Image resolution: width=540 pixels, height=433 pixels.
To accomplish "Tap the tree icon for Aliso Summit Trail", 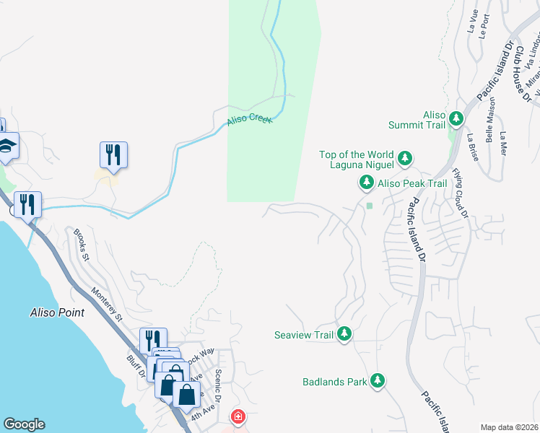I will [x=456, y=118].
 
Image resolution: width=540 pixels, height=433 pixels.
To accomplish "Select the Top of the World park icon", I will [x=405, y=157].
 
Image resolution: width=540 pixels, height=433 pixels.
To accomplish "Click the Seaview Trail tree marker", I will [x=345, y=334].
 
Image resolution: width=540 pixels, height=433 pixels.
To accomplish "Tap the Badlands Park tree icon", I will [x=377, y=380].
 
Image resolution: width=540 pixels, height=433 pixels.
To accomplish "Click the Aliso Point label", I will [x=57, y=312].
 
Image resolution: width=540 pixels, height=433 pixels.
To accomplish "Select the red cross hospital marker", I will [x=238, y=416].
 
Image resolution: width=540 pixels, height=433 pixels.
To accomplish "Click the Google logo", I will [x=24, y=424].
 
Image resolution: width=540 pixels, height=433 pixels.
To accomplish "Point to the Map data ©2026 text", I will [x=509, y=427].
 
